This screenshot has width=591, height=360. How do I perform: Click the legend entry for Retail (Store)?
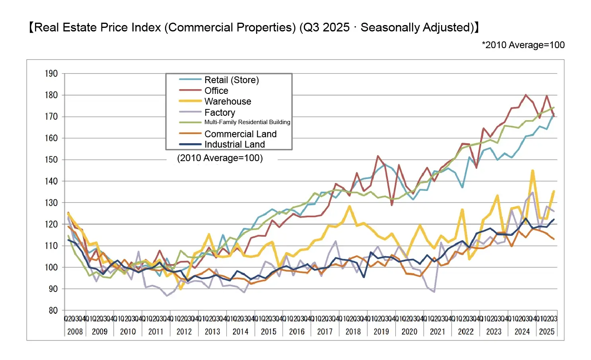[x=231, y=80]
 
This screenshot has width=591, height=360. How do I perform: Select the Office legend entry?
[x=216, y=91]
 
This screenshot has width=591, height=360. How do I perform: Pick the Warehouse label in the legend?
[x=227, y=101]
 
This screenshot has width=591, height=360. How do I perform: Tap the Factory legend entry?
[x=220, y=113]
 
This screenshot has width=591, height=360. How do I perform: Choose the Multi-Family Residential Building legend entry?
[x=247, y=122]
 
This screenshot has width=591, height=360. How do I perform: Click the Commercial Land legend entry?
[x=240, y=134]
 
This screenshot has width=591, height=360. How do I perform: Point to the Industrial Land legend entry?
[x=234, y=144]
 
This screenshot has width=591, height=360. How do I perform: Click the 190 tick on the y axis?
[x=51, y=74]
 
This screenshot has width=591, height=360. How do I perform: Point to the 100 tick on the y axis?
[x=51, y=267]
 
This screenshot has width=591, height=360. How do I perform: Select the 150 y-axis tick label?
[x=51, y=160]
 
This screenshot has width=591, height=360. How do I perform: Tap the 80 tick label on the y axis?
[x=53, y=310]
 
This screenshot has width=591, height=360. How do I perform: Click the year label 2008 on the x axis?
[x=75, y=332]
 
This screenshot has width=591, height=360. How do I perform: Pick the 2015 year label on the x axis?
[x=268, y=332]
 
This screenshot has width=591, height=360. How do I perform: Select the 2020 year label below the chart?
[x=409, y=332]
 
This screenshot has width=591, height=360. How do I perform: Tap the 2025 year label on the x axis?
[x=546, y=332]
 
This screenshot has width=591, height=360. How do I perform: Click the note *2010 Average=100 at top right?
[x=523, y=45]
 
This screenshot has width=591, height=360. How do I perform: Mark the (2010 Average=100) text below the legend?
[x=220, y=158]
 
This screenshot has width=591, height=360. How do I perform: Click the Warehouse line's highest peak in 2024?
[x=533, y=171]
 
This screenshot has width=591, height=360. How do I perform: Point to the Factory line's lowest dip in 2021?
[x=434, y=292]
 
